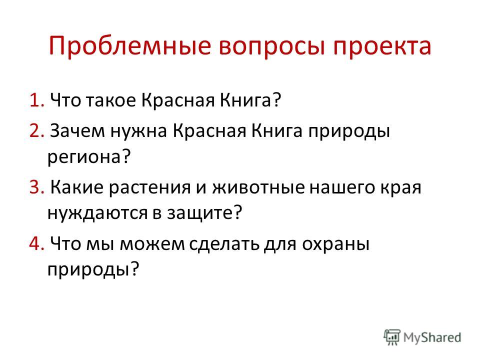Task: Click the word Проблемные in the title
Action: tap(130, 46)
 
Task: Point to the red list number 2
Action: tap(37, 130)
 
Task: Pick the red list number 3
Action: tap(37, 187)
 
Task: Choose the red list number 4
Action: tap(37, 243)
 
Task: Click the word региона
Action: tap(89, 157)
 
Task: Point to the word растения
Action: tap(149, 188)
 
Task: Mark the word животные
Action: tap(258, 187)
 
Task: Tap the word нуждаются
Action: tap(97, 213)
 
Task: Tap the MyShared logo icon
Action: tap(392, 337)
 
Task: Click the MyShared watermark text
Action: tap(432, 337)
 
